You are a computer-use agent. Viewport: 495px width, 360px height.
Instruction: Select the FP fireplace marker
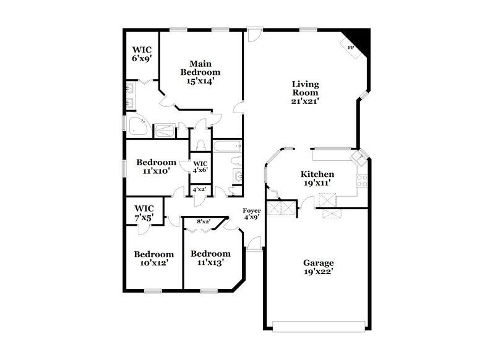[x=350, y=48]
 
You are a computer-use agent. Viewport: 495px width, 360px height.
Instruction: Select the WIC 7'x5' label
[x=144, y=212]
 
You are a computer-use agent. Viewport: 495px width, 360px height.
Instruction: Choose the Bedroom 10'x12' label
[x=153, y=258]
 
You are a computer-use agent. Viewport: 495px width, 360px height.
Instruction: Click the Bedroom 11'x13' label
[x=210, y=258]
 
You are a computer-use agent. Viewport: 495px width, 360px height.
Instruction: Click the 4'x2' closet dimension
[x=199, y=190]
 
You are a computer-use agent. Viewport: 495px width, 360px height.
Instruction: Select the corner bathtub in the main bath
[x=137, y=126]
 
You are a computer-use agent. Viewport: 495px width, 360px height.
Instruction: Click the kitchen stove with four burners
[x=362, y=181]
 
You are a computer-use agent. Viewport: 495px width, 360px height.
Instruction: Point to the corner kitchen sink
[x=358, y=158]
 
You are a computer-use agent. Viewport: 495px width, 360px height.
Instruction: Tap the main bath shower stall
[x=164, y=131]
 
